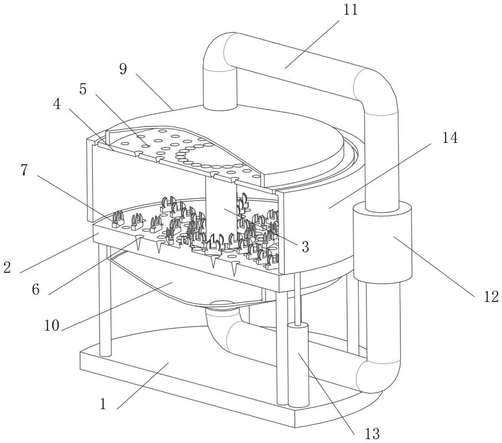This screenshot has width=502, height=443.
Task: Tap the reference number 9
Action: click(x=123, y=69)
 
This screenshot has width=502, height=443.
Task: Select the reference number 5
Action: click(x=83, y=90)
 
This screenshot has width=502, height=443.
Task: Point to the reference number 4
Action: click(x=57, y=104)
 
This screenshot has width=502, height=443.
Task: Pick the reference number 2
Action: click(x=7, y=267)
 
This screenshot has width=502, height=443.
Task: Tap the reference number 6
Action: click(x=36, y=289)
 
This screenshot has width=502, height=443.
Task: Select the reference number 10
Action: click(x=52, y=325)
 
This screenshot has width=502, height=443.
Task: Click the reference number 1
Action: click(x=103, y=404)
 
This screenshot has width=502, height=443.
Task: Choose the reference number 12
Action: click(x=491, y=297)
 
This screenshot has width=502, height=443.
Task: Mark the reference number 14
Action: click(x=450, y=138)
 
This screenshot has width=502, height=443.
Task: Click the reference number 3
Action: click(x=305, y=247)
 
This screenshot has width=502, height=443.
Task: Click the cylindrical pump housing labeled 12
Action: click(x=382, y=242)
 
